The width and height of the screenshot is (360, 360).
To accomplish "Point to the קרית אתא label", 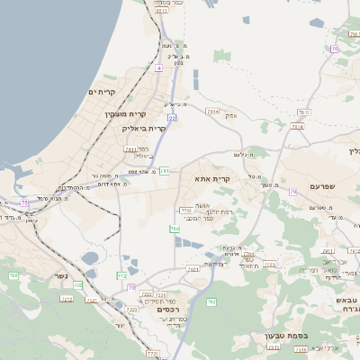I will [212, 178].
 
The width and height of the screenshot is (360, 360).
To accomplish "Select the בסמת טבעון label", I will [288, 337].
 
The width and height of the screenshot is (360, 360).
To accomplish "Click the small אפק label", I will [231, 115].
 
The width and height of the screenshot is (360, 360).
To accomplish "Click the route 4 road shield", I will [157, 67].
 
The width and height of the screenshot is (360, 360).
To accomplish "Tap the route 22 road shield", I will [171, 117].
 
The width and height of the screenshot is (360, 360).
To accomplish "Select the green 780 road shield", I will [175, 229].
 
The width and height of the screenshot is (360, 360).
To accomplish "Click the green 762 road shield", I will [212, 301].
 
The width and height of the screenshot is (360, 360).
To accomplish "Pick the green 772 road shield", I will [121, 275].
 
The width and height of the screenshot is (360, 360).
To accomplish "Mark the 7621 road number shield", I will [193, 269].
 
